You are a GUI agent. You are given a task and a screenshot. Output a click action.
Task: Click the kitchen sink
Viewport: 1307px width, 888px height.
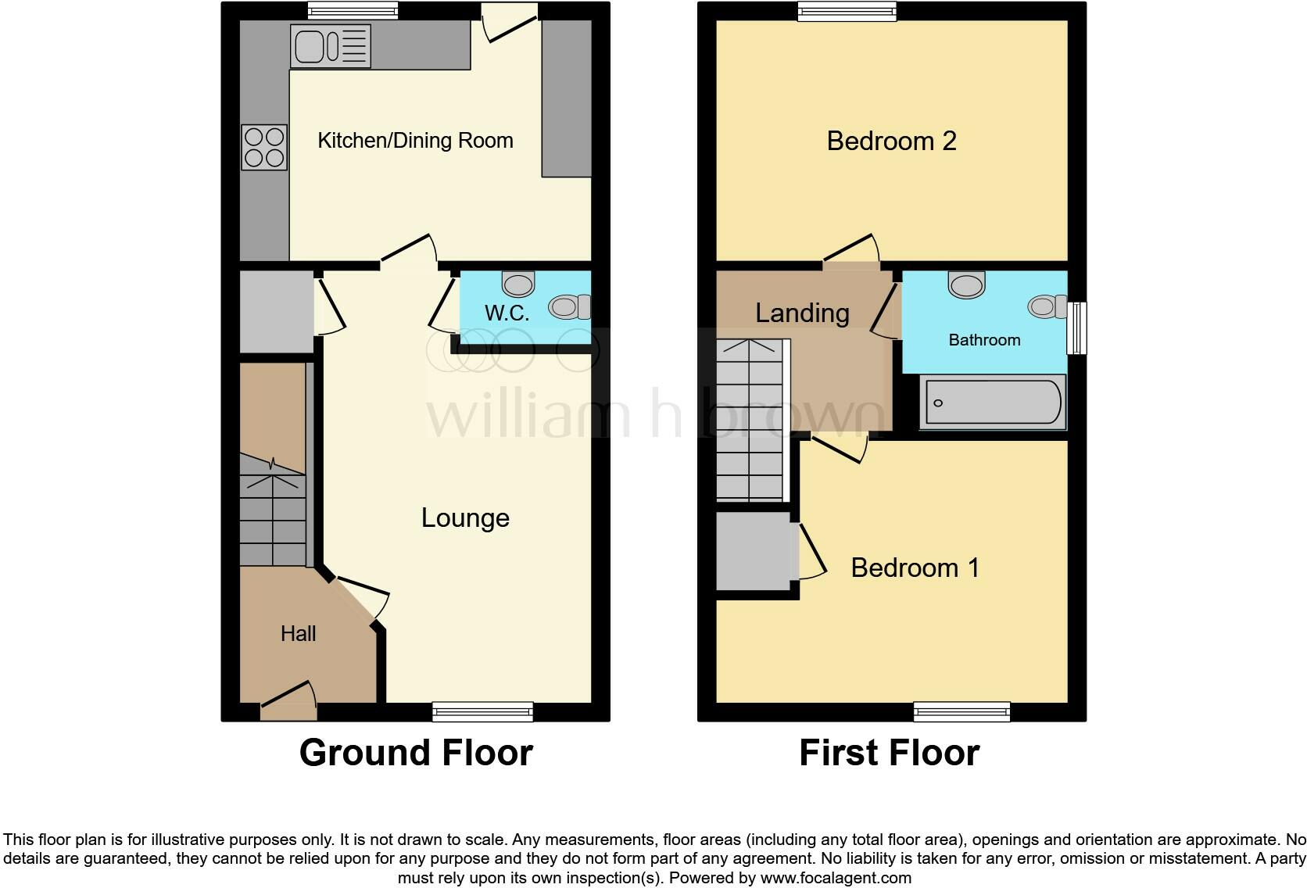pos(331,46)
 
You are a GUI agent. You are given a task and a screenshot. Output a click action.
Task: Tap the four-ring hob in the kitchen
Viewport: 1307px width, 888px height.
pos(264,148)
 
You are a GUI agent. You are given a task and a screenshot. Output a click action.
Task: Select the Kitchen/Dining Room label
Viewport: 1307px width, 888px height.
pos(415,141)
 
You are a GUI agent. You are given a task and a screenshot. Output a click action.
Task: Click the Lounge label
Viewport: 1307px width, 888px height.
pos(465,517)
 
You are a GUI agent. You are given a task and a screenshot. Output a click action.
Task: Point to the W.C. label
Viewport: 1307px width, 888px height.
pos(507,313)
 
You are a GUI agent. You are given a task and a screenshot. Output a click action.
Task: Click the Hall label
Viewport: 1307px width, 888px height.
pos(298,633)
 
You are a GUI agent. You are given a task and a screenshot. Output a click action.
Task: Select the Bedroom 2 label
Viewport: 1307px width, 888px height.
pos(891,141)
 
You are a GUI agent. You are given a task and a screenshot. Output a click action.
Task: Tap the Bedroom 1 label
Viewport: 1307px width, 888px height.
pos(915,568)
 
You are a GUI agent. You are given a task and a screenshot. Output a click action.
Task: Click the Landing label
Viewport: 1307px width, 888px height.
pos(802,313)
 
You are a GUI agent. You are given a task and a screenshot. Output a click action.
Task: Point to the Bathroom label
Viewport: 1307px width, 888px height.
pos(984,340)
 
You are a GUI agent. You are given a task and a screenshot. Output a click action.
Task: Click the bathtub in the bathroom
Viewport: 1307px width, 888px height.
pos(992,403)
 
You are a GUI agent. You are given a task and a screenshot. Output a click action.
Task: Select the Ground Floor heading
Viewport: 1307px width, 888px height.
pos(416,753)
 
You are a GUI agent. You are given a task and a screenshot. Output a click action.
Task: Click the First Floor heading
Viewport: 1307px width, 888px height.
pos(889,753)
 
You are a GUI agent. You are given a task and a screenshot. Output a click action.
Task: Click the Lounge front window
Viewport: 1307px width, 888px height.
pos(482,711)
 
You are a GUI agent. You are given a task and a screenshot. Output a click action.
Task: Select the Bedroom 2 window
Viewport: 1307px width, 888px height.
pos(847,11)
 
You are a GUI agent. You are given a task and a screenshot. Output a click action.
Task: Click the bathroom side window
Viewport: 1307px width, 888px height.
pos(1077,328)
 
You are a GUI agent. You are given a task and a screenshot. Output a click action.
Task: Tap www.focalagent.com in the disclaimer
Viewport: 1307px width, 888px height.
pos(835,878)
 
